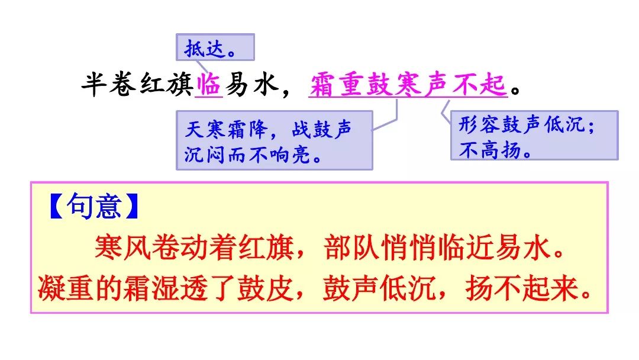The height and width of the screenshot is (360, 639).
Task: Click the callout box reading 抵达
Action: tap(215, 47)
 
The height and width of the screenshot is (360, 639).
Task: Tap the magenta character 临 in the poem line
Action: tap(208, 85)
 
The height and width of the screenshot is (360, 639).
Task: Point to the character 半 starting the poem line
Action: tap(94, 85)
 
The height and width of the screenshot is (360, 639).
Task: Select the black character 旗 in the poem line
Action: tap(180, 85)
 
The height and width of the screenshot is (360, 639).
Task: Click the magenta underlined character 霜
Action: tap(322, 85)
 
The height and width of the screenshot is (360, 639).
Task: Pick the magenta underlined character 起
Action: tap(493, 85)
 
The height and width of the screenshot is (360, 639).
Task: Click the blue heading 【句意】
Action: tap(94, 206)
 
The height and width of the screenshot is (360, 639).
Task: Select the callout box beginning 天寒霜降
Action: tap(275, 140)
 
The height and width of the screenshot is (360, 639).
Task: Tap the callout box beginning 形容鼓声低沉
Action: tap(534, 135)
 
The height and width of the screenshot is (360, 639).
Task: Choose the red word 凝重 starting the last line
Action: tap(66, 288)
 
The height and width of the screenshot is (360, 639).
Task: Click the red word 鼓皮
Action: tap(266, 288)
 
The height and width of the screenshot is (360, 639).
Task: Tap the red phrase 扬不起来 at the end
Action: tap(522, 288)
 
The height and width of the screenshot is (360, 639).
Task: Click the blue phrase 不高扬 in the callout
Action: tap(490, 150)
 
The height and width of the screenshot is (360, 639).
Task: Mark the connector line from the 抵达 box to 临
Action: tap(202, 67)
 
